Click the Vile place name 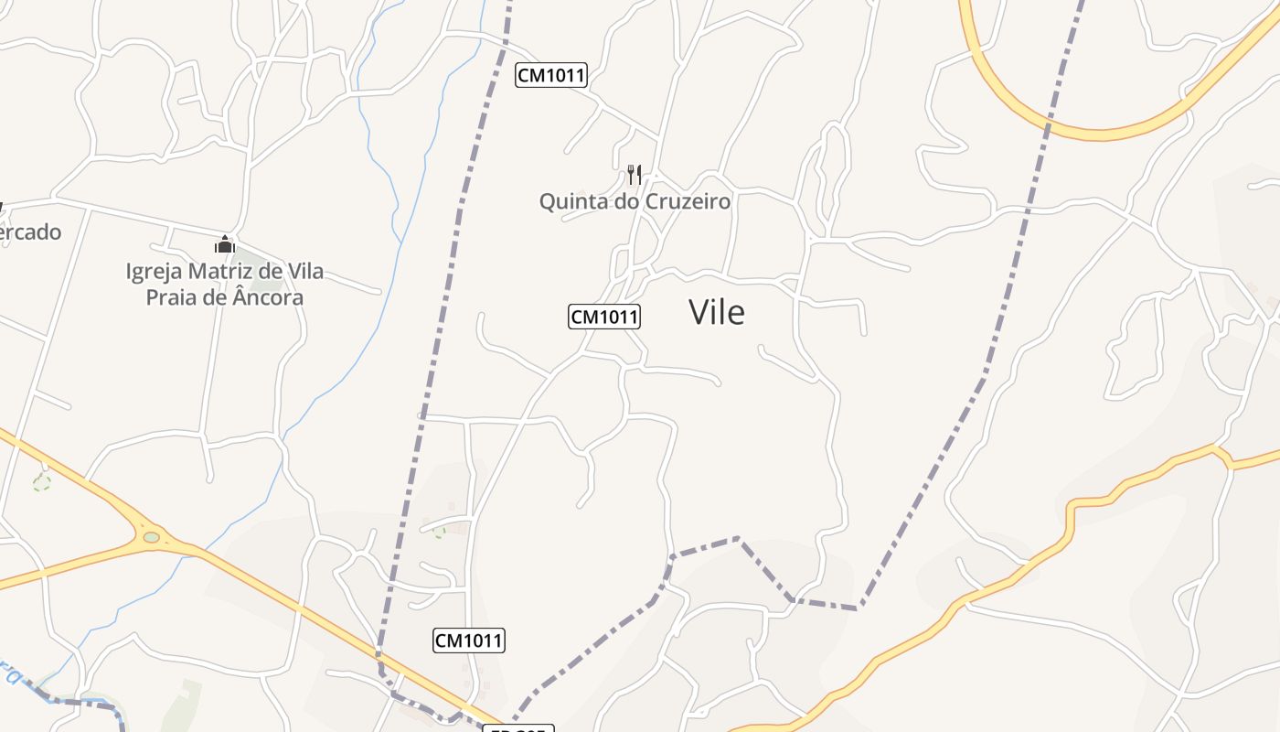click(717, 313)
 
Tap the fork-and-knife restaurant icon click(634, 174)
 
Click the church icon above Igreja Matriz click(224, 244)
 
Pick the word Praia click(171, 297)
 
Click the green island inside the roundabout click(152, 537)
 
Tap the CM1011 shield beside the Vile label click(604, 317)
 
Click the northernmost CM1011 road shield click(550, 75)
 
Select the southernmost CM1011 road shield click(468, 640)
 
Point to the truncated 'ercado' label click(30, 232)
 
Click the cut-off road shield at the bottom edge click(517, 728)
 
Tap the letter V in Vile click(699, 313)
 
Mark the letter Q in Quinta click(547, 201)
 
